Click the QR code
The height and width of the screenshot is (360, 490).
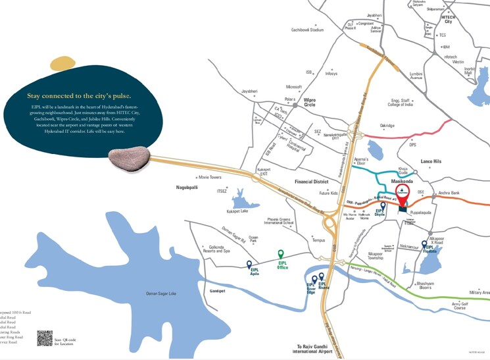tap(45, 338)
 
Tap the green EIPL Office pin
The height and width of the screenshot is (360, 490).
tap(281, 255)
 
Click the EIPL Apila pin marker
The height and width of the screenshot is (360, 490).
tap(249, 265)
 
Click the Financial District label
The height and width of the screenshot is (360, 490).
tap(311, 180)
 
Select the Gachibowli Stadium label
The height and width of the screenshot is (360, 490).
tap(308, 30)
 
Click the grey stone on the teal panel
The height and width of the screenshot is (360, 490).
tap(130, 156)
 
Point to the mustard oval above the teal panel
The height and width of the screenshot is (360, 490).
tap(63, 63)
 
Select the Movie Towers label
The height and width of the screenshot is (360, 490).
tap(210, 178)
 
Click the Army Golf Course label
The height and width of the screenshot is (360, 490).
tap(459, 305)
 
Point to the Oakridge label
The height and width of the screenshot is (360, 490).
tap(387, 126)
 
